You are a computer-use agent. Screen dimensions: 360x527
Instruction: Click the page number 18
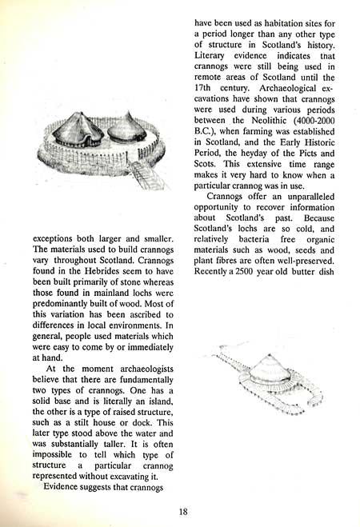[183, 512]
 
